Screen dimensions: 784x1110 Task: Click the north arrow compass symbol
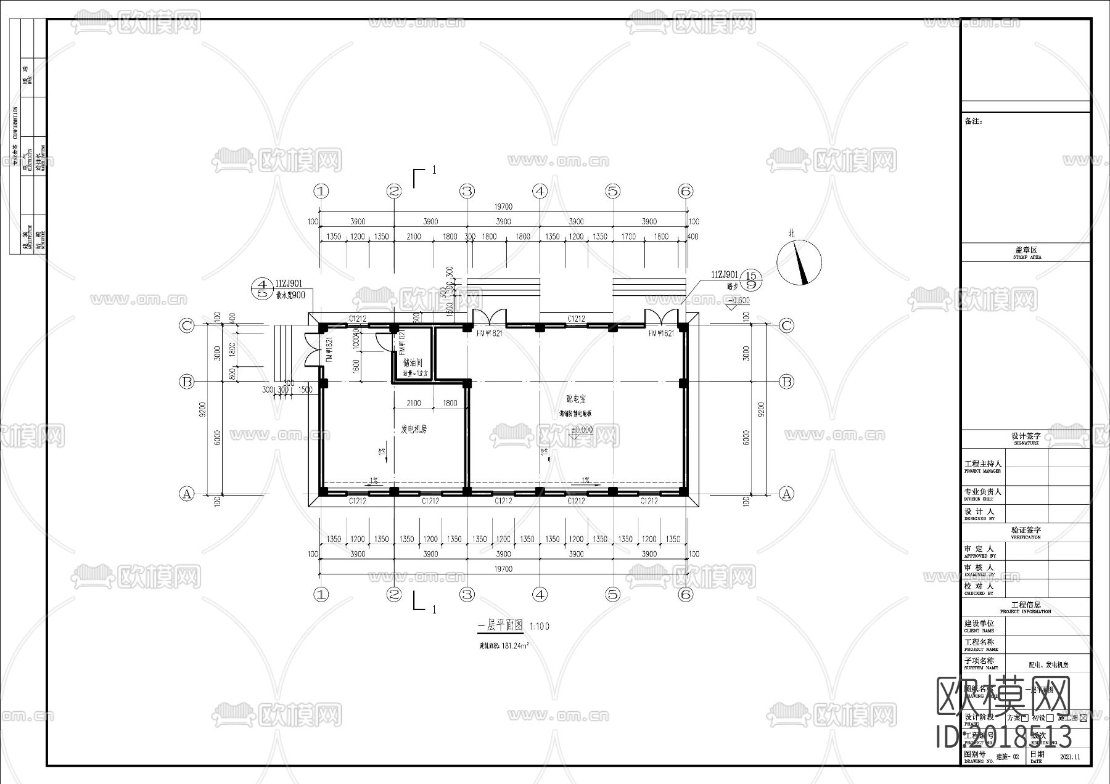(799, 261)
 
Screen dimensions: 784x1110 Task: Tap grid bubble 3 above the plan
(467, 191)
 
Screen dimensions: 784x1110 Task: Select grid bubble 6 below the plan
(685, 594)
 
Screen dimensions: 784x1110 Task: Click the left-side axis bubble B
(186, 382)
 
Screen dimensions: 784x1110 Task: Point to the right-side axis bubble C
(786, 325)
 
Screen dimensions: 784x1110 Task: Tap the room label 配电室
(576, 399)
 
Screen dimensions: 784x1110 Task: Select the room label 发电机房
(414, 430)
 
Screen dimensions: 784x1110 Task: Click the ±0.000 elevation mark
(582, 430)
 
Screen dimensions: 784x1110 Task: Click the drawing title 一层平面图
(501, 626)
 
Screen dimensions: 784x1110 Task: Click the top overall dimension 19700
(503, 207)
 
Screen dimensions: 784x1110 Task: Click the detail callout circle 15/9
(751, 280)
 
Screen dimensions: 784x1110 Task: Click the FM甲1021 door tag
(401, 343)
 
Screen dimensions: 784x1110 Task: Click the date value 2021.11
(1070, 757)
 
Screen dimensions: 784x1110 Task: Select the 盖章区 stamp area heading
(1026, 251)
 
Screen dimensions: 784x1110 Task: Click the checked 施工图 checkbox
(1083, 718)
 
